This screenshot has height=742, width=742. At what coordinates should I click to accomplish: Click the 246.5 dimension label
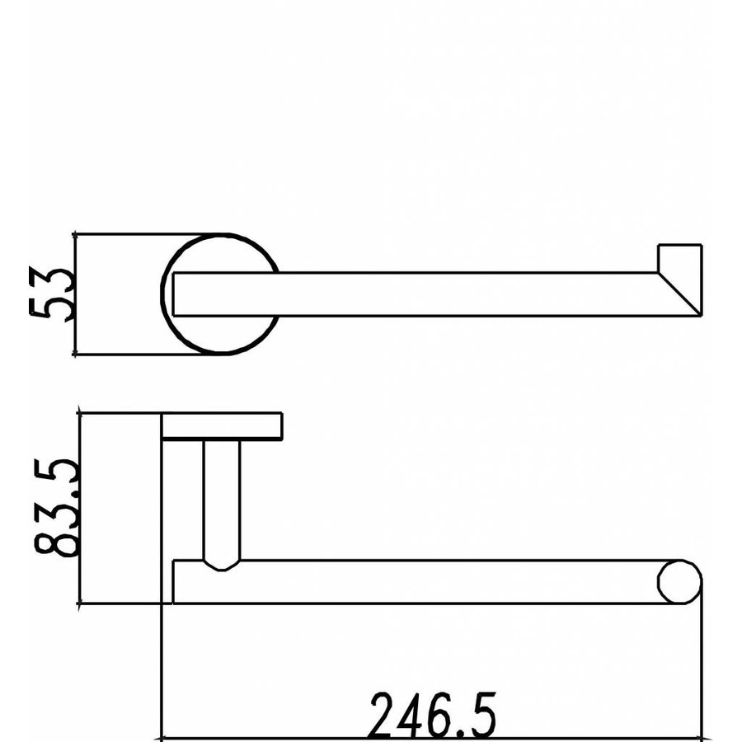(431, 714)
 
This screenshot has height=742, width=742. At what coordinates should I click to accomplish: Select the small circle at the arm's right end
(680, 582)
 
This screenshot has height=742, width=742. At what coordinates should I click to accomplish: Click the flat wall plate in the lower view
(222, 426)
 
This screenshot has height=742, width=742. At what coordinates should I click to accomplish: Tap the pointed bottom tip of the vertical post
(221, 567)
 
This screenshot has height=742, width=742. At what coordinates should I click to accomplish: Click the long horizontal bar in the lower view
(429, 582)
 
